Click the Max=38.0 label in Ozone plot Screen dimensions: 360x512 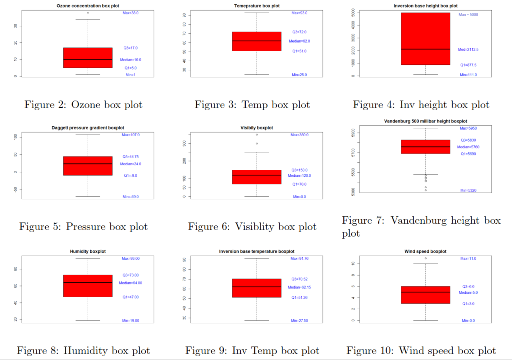coord(131,13)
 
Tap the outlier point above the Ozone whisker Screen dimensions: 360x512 coord(88,13)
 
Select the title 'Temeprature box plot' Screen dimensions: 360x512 coord(257,5)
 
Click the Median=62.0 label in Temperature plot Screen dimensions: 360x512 coord(299,41)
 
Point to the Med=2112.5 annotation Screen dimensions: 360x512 coord(468,50)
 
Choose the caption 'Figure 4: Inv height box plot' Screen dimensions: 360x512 coord(421,105)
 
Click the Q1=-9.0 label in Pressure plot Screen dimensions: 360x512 coord(130,176)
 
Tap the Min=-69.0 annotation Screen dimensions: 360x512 coord(130,197)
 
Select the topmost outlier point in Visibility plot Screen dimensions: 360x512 coord(257,135)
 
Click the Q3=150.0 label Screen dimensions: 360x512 coord(300,170)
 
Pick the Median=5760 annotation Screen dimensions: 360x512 coord(468,147)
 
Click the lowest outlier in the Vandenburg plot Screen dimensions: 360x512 coord(425,190)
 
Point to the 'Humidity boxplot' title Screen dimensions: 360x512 coord(88,251)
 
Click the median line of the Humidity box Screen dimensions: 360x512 coord(88,283)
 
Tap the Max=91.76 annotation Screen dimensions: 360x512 coord(300,259)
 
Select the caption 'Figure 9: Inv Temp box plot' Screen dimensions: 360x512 coord(252,351)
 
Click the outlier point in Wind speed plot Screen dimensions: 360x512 coord(425,258)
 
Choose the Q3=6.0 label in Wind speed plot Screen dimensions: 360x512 coord(468,287)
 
